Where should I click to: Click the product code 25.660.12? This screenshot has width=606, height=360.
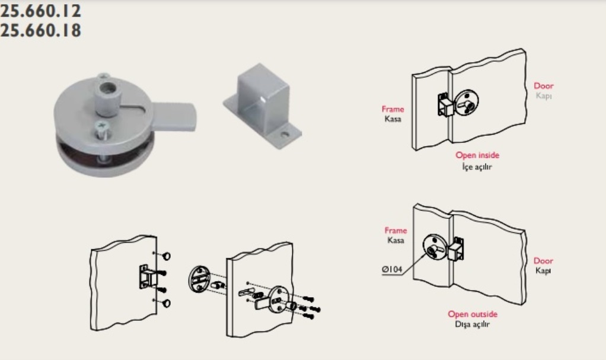pos(40,11)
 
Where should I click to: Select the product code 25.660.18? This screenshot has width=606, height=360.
pos(40,30)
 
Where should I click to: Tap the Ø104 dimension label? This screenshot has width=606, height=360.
pos(393,270)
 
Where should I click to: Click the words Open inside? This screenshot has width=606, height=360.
pos(477,155)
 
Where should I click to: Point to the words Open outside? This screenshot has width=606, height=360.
pos(473,314)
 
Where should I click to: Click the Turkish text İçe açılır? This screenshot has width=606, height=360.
pos(477,167)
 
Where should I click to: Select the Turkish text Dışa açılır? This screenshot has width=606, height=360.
pos(473,324)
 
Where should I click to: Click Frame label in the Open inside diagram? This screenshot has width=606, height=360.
pos(393,109)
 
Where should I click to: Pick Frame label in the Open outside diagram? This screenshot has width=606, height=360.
pos(396,231)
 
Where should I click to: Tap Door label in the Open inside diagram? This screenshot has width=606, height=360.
pos(543,86)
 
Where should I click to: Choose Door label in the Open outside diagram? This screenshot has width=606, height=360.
pos(543,261)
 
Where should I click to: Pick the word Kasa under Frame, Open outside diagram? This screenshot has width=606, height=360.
pos(396,240)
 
